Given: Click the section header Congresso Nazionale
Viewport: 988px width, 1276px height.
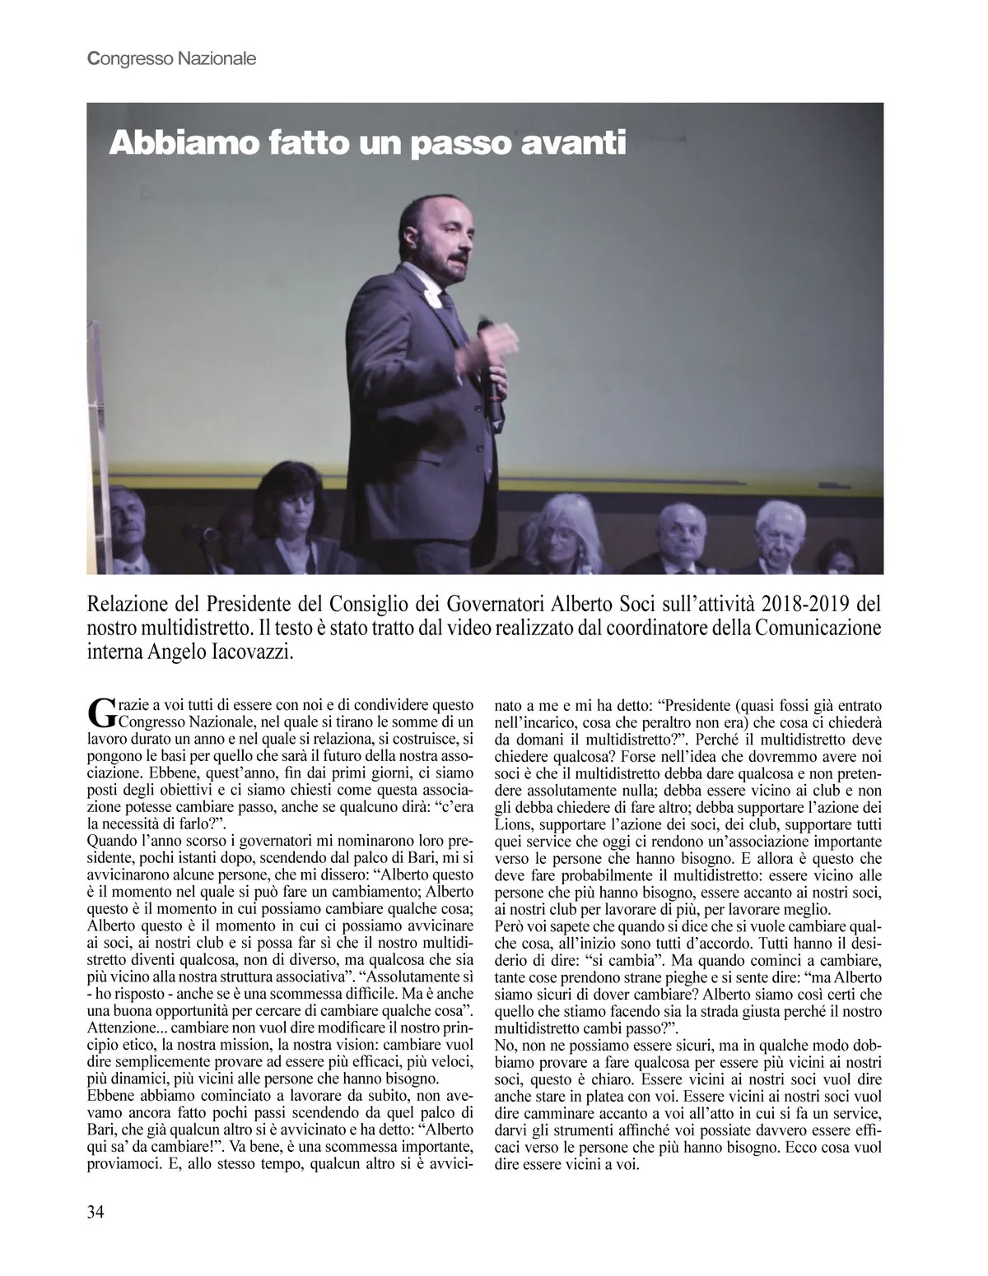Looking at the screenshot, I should (171, 59).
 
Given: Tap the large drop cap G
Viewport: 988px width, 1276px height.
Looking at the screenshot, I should (99, 713).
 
